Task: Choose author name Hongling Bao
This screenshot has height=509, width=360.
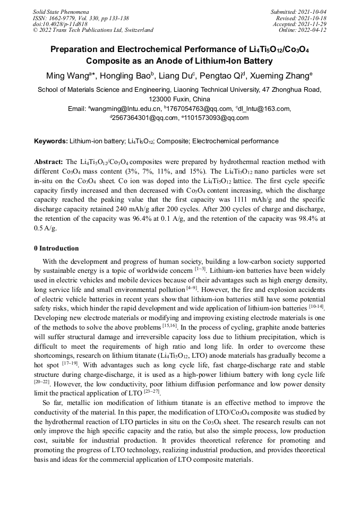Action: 128,75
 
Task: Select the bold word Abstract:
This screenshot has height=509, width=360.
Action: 48,161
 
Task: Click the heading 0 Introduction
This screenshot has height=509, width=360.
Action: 56,248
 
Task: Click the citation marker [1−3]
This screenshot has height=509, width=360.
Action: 201,269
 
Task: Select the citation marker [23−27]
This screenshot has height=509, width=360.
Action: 152,391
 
